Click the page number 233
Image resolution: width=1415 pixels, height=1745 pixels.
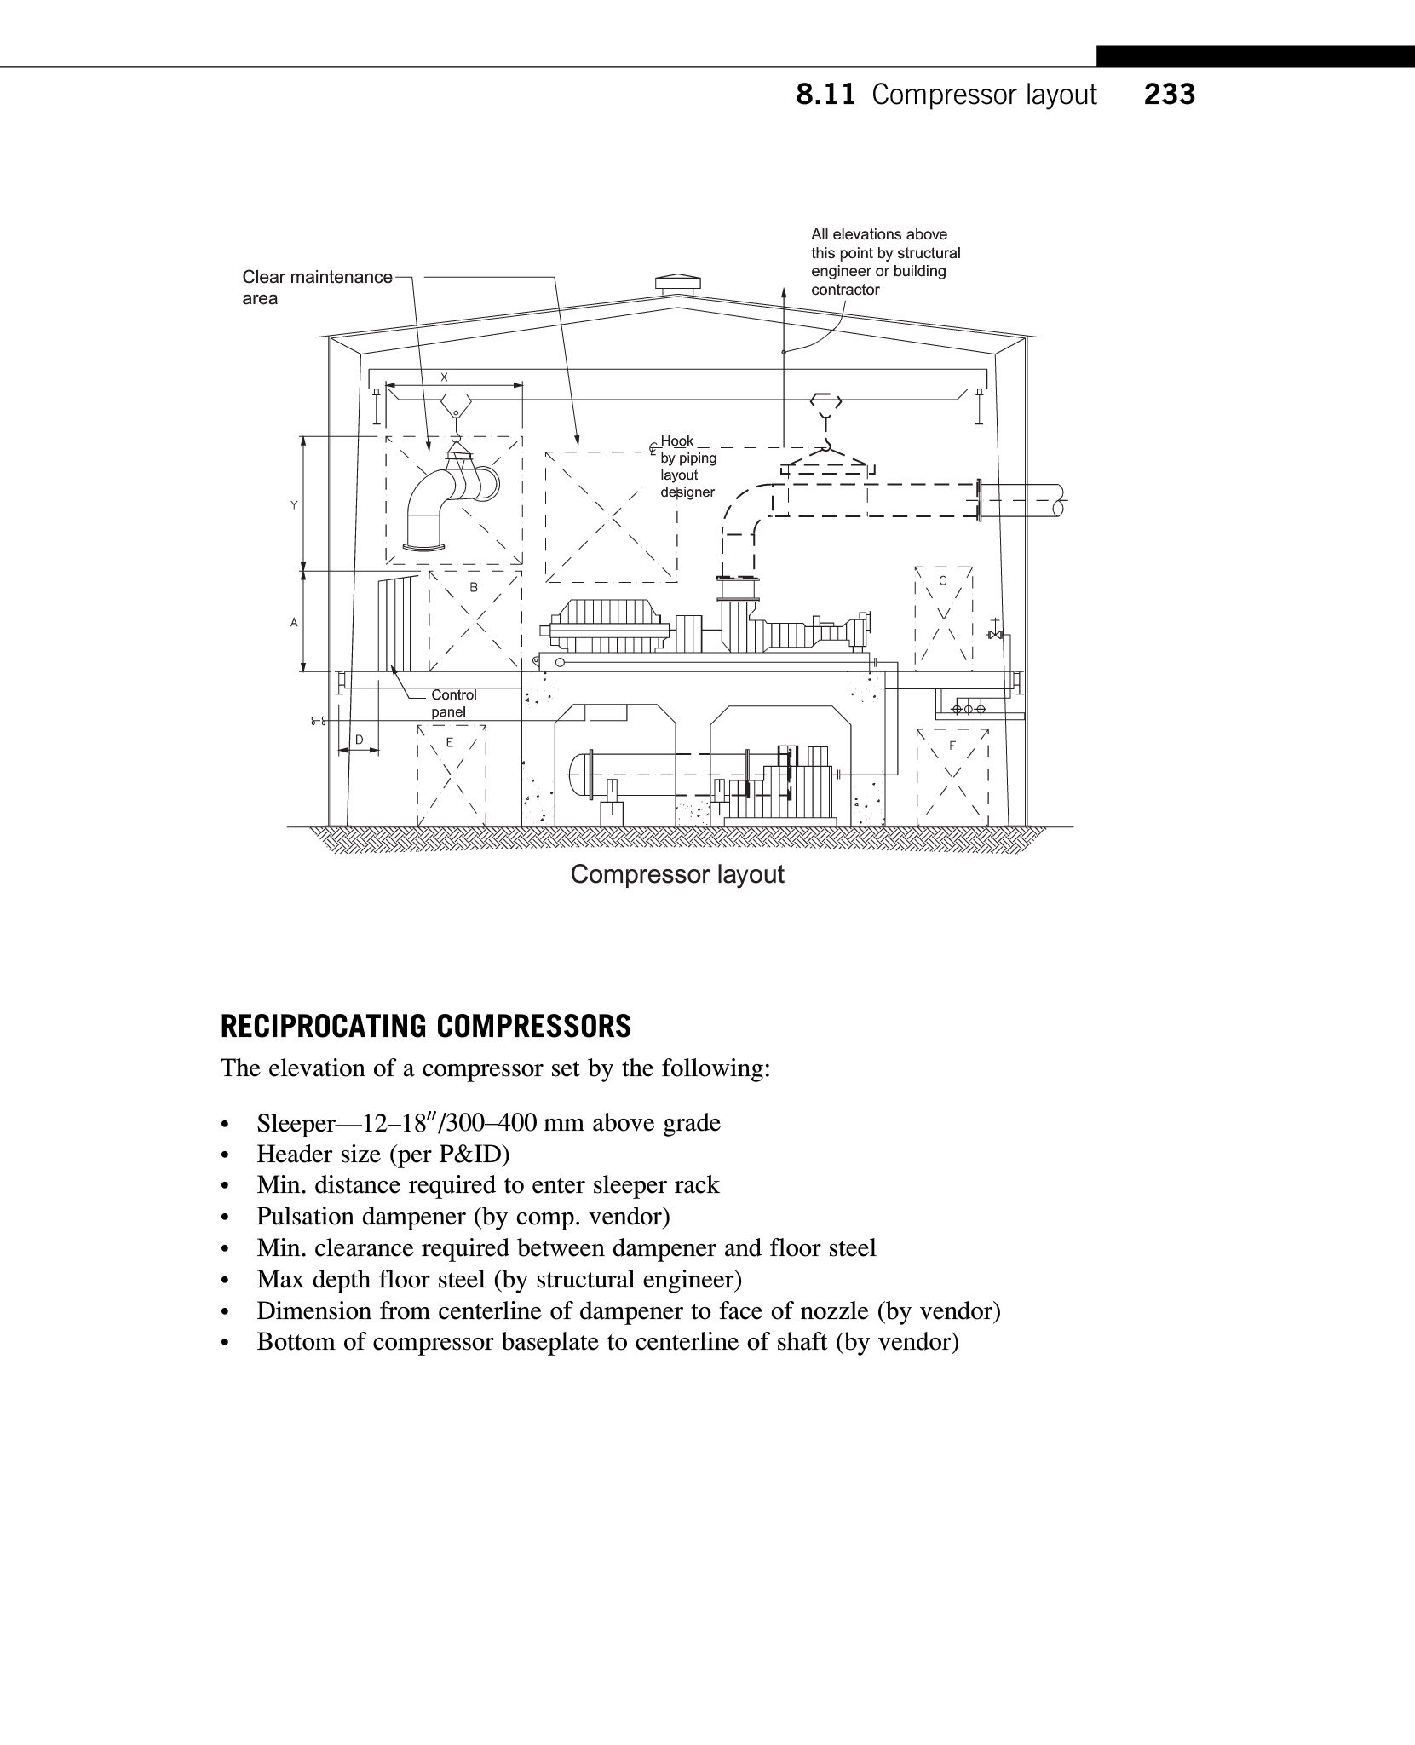pos(1169,94)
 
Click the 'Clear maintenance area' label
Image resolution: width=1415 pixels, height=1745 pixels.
pos(316,287)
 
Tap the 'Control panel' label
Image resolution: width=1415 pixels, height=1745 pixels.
pos(453,703)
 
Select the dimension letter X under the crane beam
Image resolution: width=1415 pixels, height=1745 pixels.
pos(444,377)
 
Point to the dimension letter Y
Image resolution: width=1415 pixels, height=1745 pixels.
pos(294,505)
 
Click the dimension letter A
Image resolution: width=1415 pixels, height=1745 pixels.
pos(294,623)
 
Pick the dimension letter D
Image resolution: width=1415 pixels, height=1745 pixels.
pos(359,740)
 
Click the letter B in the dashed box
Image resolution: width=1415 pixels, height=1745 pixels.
pos(474,587)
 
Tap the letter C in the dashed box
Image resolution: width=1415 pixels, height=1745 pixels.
pos(942,581)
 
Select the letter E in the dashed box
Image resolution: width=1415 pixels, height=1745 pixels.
pos(450,742)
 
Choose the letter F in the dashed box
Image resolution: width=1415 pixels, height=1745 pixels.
pos(952,746)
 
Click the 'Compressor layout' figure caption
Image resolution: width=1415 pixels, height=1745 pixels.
pos(676,874)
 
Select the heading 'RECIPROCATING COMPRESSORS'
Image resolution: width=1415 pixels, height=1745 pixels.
pos(425,1026)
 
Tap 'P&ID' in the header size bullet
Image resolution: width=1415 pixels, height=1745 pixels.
pos(472,1155)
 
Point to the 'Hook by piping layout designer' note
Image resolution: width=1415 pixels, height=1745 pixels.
pos(687,466)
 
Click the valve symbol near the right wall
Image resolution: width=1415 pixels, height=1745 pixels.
pos(993,635)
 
